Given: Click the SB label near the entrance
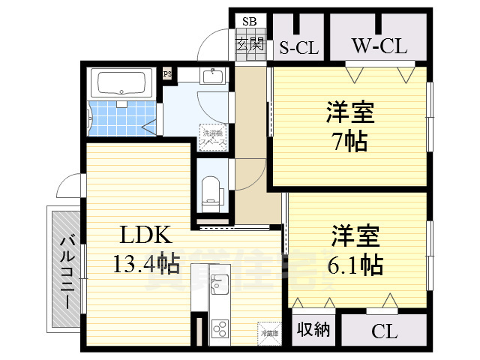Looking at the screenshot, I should [248, 21].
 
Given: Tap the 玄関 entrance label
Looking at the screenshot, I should [250, 43].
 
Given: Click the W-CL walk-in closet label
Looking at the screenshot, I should [379, 46].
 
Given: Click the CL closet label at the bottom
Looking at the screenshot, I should [384, 330].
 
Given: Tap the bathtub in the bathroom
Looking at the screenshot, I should [123, 82].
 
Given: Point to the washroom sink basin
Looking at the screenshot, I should [213, 76].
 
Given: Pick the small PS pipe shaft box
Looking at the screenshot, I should [167, 73].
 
